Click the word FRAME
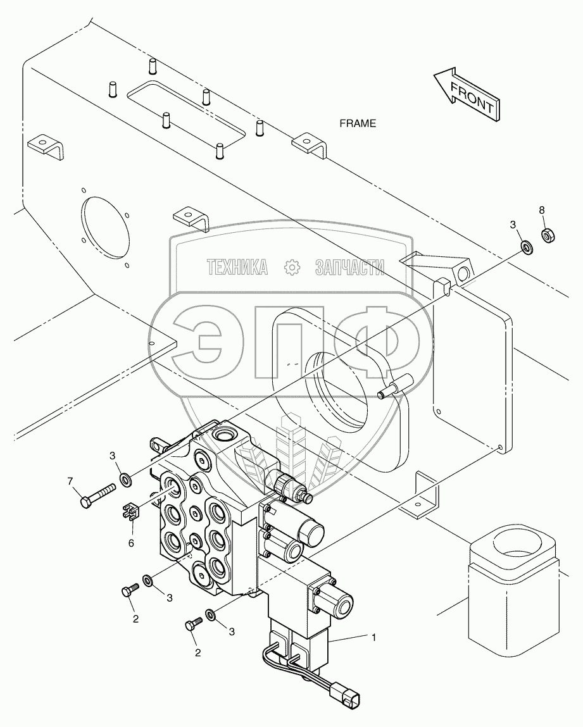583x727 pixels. [x=358, y=123]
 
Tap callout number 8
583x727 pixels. [x=542, y=210]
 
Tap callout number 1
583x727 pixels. [x=373, y=637]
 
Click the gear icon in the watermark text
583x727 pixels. [x=292, y=267]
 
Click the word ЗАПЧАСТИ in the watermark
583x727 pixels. [x=350, y=268]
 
